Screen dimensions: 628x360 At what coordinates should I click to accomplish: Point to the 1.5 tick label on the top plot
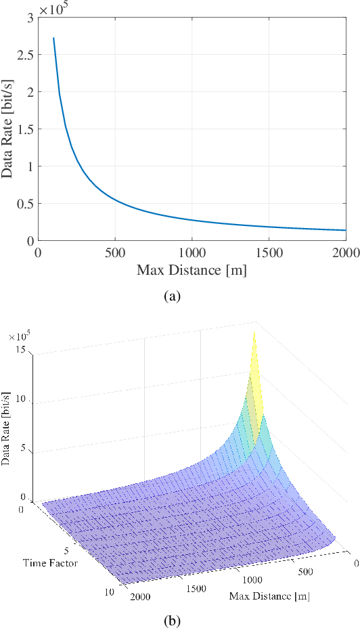coord(24,129)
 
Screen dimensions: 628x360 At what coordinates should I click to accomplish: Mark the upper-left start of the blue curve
coord(53,39)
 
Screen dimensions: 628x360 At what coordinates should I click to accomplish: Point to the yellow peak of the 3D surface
coord(254,334)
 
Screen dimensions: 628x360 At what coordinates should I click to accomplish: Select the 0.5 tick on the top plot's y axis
coord(24,203)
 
